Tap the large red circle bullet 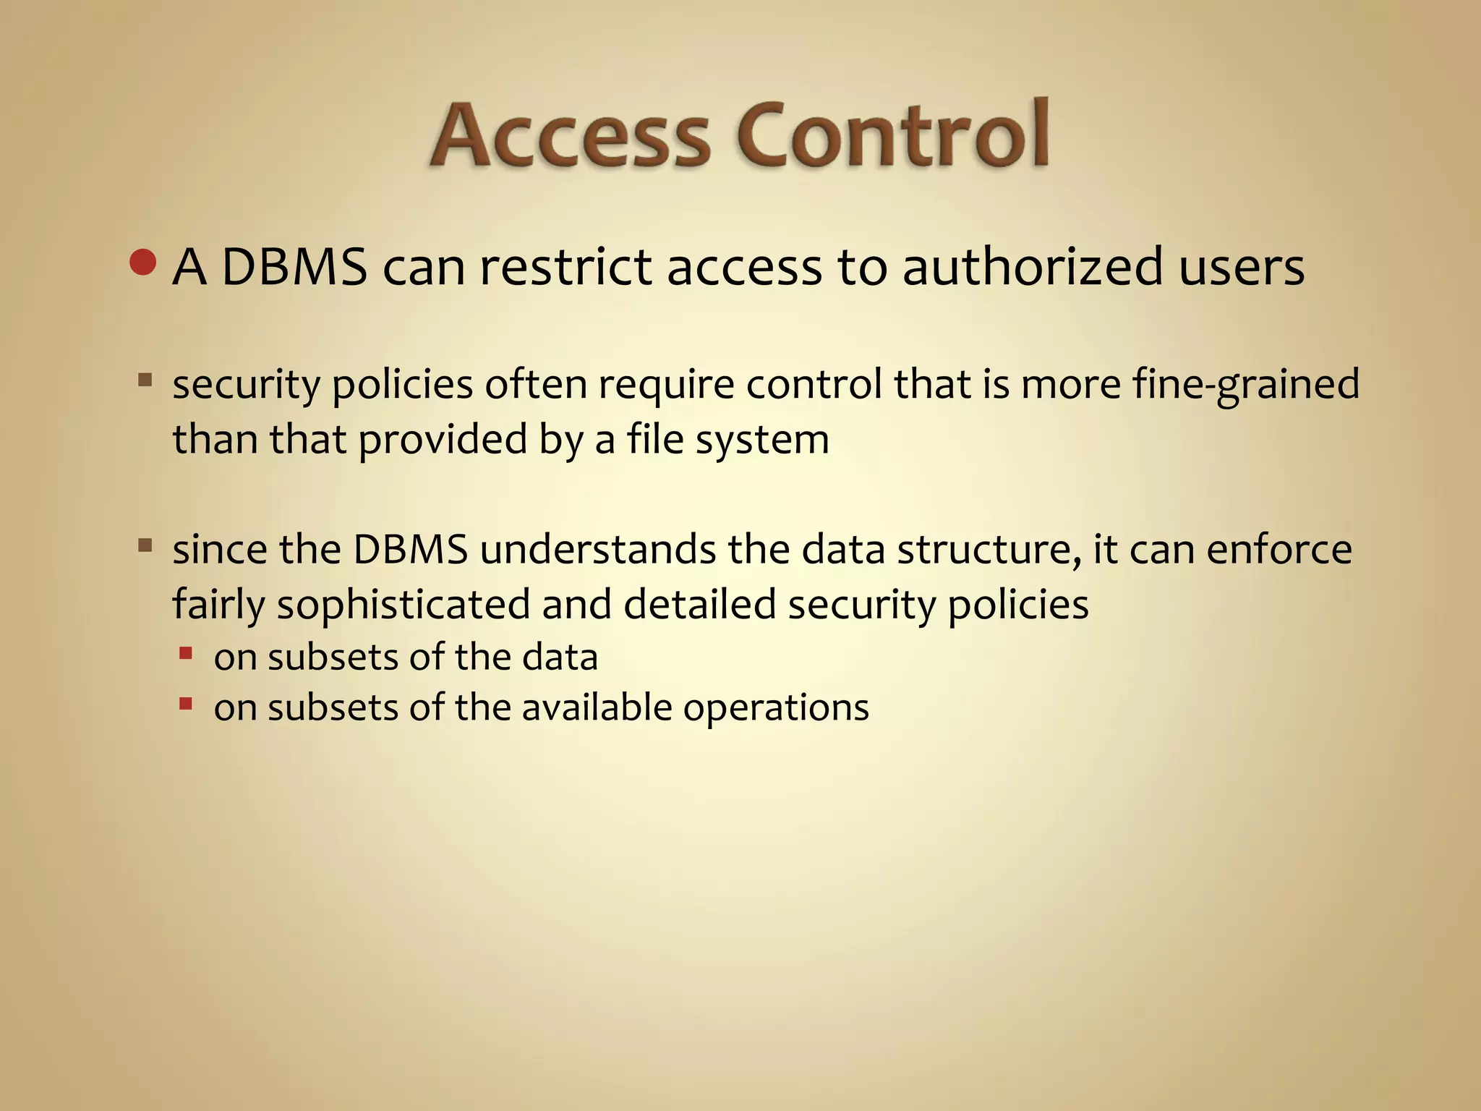[143, 263]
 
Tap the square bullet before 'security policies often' [145, 380]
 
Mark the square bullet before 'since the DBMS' [145, 545]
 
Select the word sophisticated [404, 605]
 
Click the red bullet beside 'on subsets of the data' [186, 654]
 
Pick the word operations [776, 708]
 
